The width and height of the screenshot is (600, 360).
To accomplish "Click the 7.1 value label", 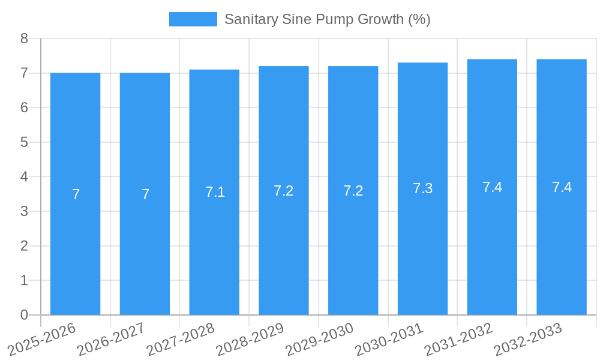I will [215, 192].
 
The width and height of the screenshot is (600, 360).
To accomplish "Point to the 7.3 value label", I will [422, 188].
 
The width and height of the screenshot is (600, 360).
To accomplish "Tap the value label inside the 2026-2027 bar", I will [145, 194].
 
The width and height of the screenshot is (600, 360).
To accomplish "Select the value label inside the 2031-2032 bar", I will [492, 187].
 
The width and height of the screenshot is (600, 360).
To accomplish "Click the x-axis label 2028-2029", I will [250, 339].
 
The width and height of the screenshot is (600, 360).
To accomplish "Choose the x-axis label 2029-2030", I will [319, 339].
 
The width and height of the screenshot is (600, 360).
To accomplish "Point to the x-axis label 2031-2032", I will [458, 339].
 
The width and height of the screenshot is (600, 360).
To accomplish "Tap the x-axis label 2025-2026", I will [41, 339].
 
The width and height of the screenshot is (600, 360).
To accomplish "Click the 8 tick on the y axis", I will [25, 39].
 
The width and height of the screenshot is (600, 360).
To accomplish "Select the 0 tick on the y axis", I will [25, 315].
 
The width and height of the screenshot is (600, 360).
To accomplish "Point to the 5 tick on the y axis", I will [25, 143].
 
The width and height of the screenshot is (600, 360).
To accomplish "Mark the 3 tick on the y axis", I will [25, 212].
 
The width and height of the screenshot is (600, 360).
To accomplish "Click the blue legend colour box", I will [193, 19].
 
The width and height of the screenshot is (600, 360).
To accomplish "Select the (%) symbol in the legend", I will [419, 19].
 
